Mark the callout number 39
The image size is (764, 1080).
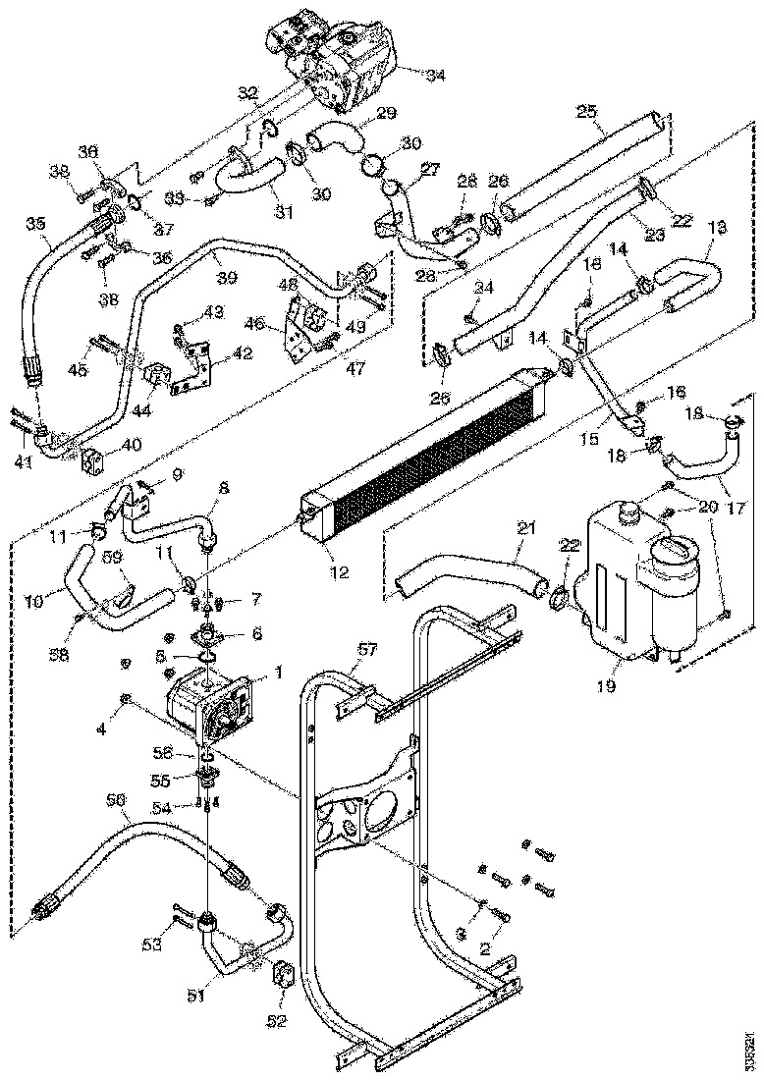[227, 279]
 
